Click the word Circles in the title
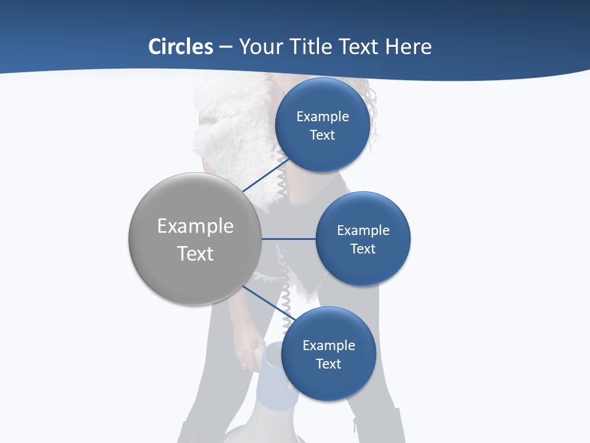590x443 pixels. [181, 47]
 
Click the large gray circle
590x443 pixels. [195, 239]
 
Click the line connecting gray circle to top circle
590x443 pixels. [264, 175]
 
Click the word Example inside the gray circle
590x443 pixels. [195, 226]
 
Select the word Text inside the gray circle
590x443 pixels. [195, 253]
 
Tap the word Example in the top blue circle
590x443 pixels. [322, 116]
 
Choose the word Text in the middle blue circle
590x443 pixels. [363, 249]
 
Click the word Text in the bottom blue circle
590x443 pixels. [328, 364]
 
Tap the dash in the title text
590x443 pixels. [226, 47]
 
